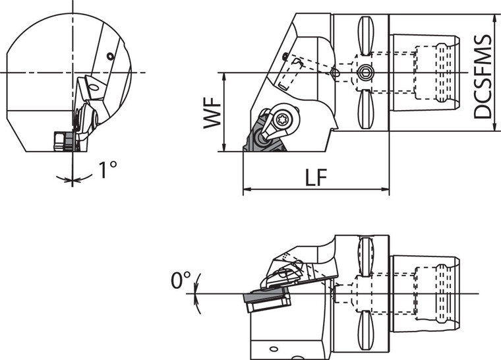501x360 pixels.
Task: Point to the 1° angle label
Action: click(107, 170)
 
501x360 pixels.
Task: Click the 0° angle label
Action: click(180, 281)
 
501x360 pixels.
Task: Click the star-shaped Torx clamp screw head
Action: click(285, 119)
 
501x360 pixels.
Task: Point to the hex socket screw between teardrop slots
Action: click(365, 72)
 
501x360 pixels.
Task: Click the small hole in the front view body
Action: click(111, 57)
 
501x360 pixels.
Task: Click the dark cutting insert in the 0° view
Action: click(266, 301)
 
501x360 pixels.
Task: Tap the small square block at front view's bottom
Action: click(61, 140)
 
